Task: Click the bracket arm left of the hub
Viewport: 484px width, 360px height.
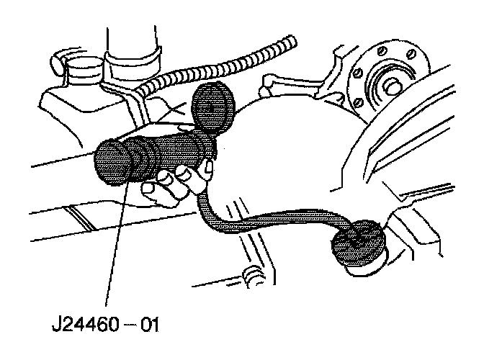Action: tap(288, 79)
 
